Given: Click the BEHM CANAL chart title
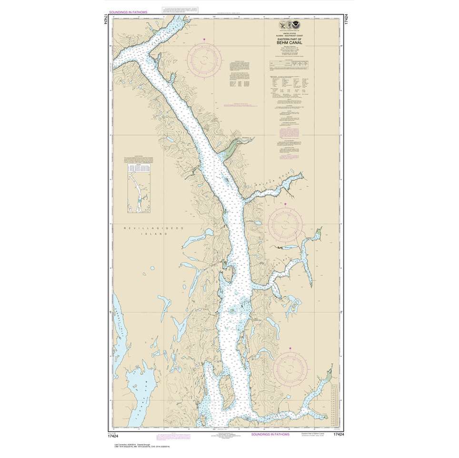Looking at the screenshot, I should [x=287, y=42].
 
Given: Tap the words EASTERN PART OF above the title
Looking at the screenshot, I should [x=287, y=38].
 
